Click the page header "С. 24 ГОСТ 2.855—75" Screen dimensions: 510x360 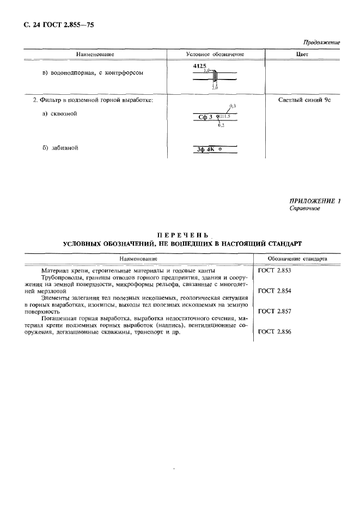pyautogui.click(x=52, y=25)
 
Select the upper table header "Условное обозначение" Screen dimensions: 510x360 pyautogui.click(x=215, y=54)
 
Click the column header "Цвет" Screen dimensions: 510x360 pyautogui.click(x=302, y=54)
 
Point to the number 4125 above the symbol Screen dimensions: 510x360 pyautogui.click(x=200, y=66)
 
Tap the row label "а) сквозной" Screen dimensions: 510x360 pyautogui.click(x=60, y=114)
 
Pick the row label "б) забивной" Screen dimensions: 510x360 pyautogui.click(x=60, y=147)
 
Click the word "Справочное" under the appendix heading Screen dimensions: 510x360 pyautogui.click(x=305, y=209)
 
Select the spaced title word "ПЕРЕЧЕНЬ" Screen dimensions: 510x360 pyautogui.click(x=182, y=235)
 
